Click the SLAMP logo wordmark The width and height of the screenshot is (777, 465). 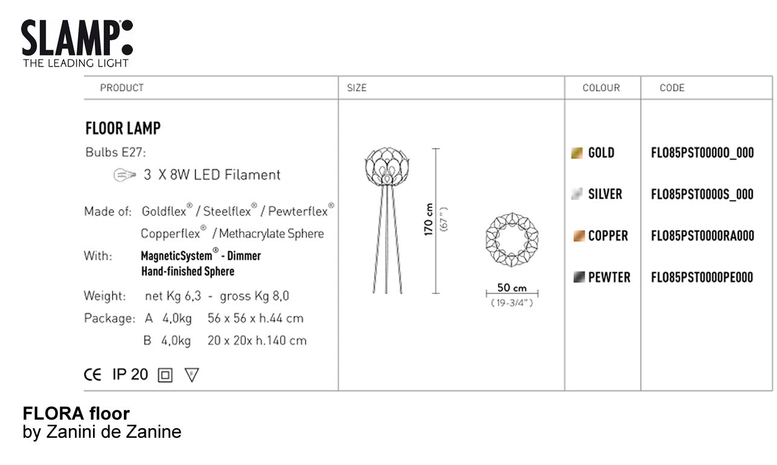tap(77, 37)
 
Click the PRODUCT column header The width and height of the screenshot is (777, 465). tap(122, 88)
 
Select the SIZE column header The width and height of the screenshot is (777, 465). tap(356, 88)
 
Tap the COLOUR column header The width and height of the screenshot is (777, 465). tap(601, 88)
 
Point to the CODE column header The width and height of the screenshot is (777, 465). tap(672, 88)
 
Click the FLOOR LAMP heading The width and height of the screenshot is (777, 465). tap(123, 128)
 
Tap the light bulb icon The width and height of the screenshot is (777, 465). tap(124, 175)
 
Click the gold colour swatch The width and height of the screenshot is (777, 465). tap(577, 153)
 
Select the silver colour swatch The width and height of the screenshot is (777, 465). tap(577, 193)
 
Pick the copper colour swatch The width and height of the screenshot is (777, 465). tap(579, 236)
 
